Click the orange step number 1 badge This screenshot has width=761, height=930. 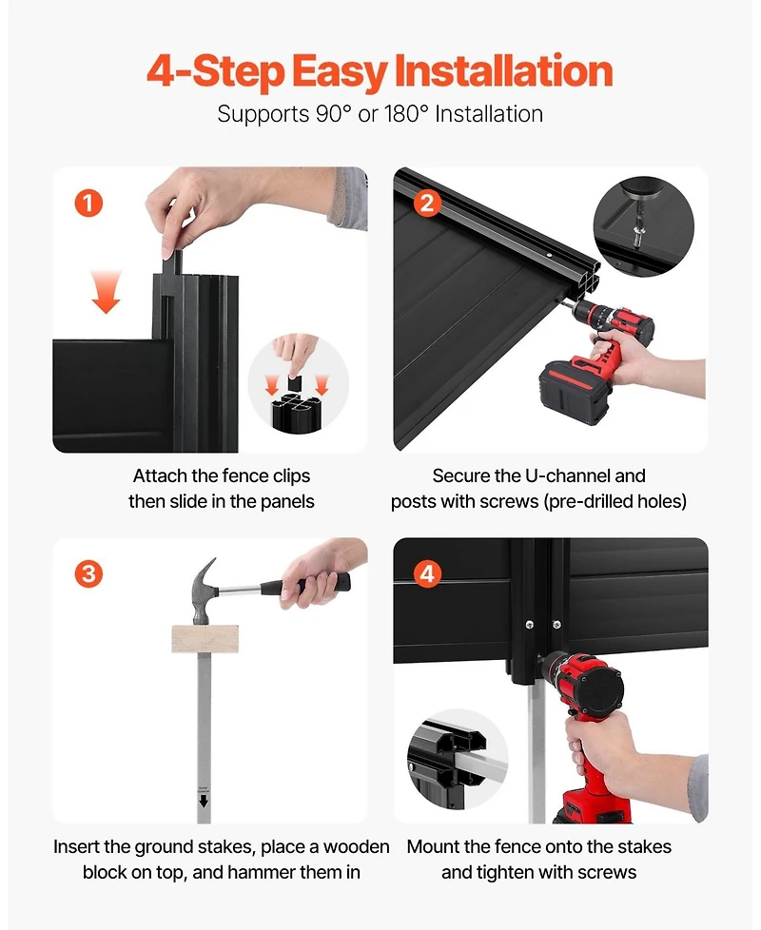tap(88, 203)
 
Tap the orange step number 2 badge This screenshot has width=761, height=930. tap(427, 203)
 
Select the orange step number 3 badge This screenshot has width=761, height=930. tap(88, 574)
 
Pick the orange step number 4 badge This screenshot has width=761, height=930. tap(427, 574)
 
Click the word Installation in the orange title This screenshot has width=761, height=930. tap(503, 71)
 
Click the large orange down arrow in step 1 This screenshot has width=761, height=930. tap(107, 291)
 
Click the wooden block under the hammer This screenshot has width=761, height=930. tap(205, 639)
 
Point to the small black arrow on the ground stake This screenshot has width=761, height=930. tap(204, 802)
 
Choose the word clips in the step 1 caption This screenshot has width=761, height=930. tap(291, 476)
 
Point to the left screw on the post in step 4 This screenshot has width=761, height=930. tap(530, 625)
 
